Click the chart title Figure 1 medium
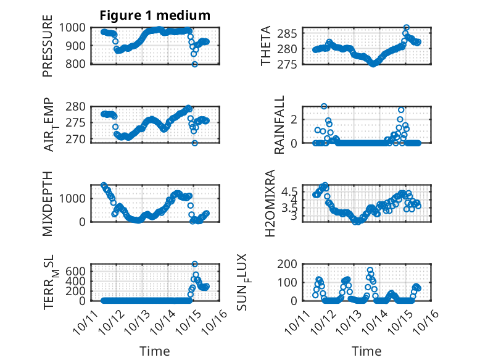pyautogui.click(x=155, y=15)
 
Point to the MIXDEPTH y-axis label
pyautogui.click(x=48, y=203)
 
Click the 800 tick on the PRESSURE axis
pyautogui.click(x=77, y=64)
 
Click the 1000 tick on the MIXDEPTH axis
pyautogui.click(x=74, y=198)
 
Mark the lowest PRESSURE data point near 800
pyautogui.click(x=194, y=64)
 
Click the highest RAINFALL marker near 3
pyautogui.click(x=324, y=106)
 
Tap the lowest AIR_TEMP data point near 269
pyautogui.click(x=194, y=143)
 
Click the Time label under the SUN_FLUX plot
pyautogui.click(x=366, y=351)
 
